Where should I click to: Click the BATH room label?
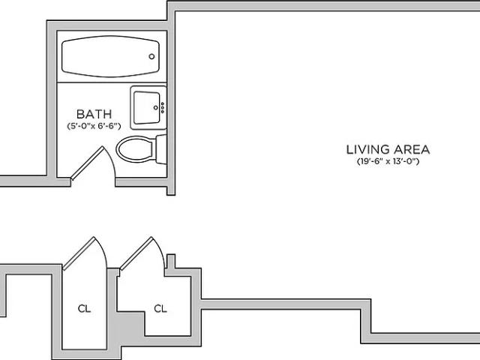(94, 114)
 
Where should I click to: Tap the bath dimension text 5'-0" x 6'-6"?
(94, 126)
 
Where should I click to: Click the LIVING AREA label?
(388, 149)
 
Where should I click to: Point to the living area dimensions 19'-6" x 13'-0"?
(388, 161)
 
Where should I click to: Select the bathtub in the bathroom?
(110, 56)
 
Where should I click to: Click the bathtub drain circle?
(151, 56)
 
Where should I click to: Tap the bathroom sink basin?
(147, 107)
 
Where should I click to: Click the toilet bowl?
(135, 149)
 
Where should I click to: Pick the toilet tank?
(161, 149)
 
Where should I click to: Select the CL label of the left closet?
(84, 308)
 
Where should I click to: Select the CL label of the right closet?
(160, 308)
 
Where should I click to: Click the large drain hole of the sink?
(155, 108)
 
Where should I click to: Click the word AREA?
(412, 149)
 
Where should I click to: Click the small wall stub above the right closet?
(171, 262)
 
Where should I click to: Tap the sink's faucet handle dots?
(163, 108)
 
